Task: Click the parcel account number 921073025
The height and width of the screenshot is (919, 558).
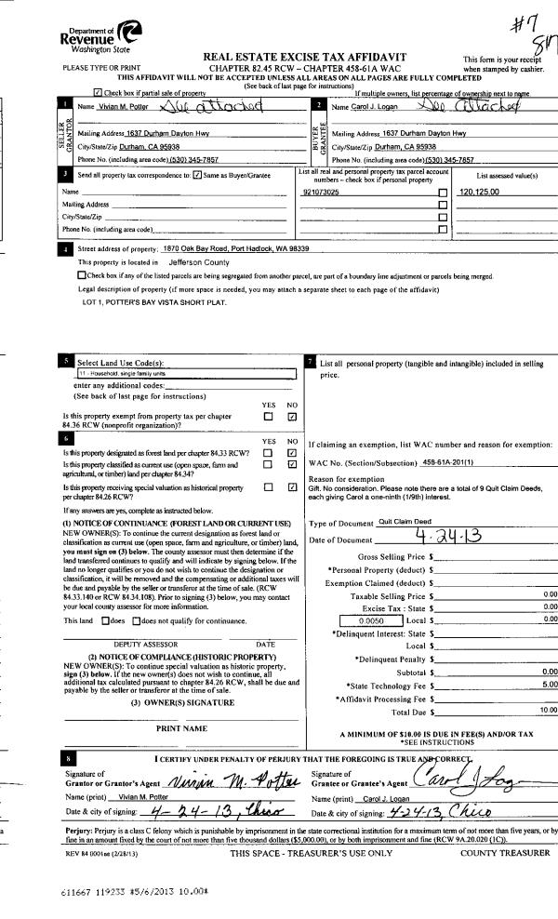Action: click(320, 191)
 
